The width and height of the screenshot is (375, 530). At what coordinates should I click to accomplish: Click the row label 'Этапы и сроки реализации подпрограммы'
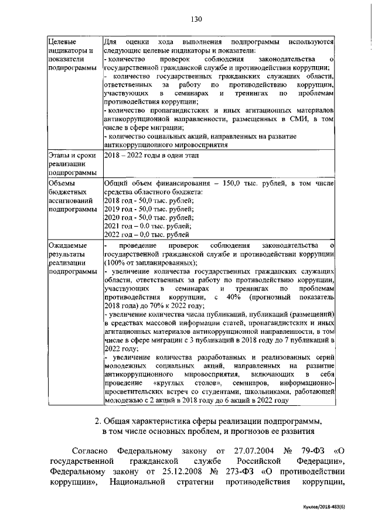click(x=71, y=164)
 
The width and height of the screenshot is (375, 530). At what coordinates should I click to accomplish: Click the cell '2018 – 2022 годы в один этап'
click(x=151, y=155)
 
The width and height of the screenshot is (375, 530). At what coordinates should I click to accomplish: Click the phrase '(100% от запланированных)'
click(x=151, y=263)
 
